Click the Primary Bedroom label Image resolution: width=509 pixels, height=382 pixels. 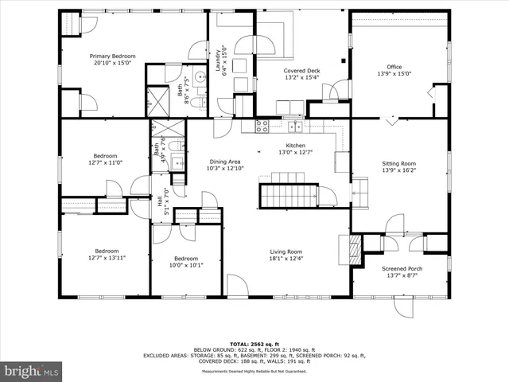pos(112,57)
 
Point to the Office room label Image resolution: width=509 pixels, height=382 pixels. pos(394,67)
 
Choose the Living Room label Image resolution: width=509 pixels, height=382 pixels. pos(286,251)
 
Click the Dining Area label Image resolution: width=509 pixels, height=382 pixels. pos(224,162)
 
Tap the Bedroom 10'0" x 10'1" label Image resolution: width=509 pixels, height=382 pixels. pos(186,259)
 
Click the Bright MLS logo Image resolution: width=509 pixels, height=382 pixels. pos(32,370)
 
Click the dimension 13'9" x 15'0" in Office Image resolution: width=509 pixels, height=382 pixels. pos(394,73)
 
